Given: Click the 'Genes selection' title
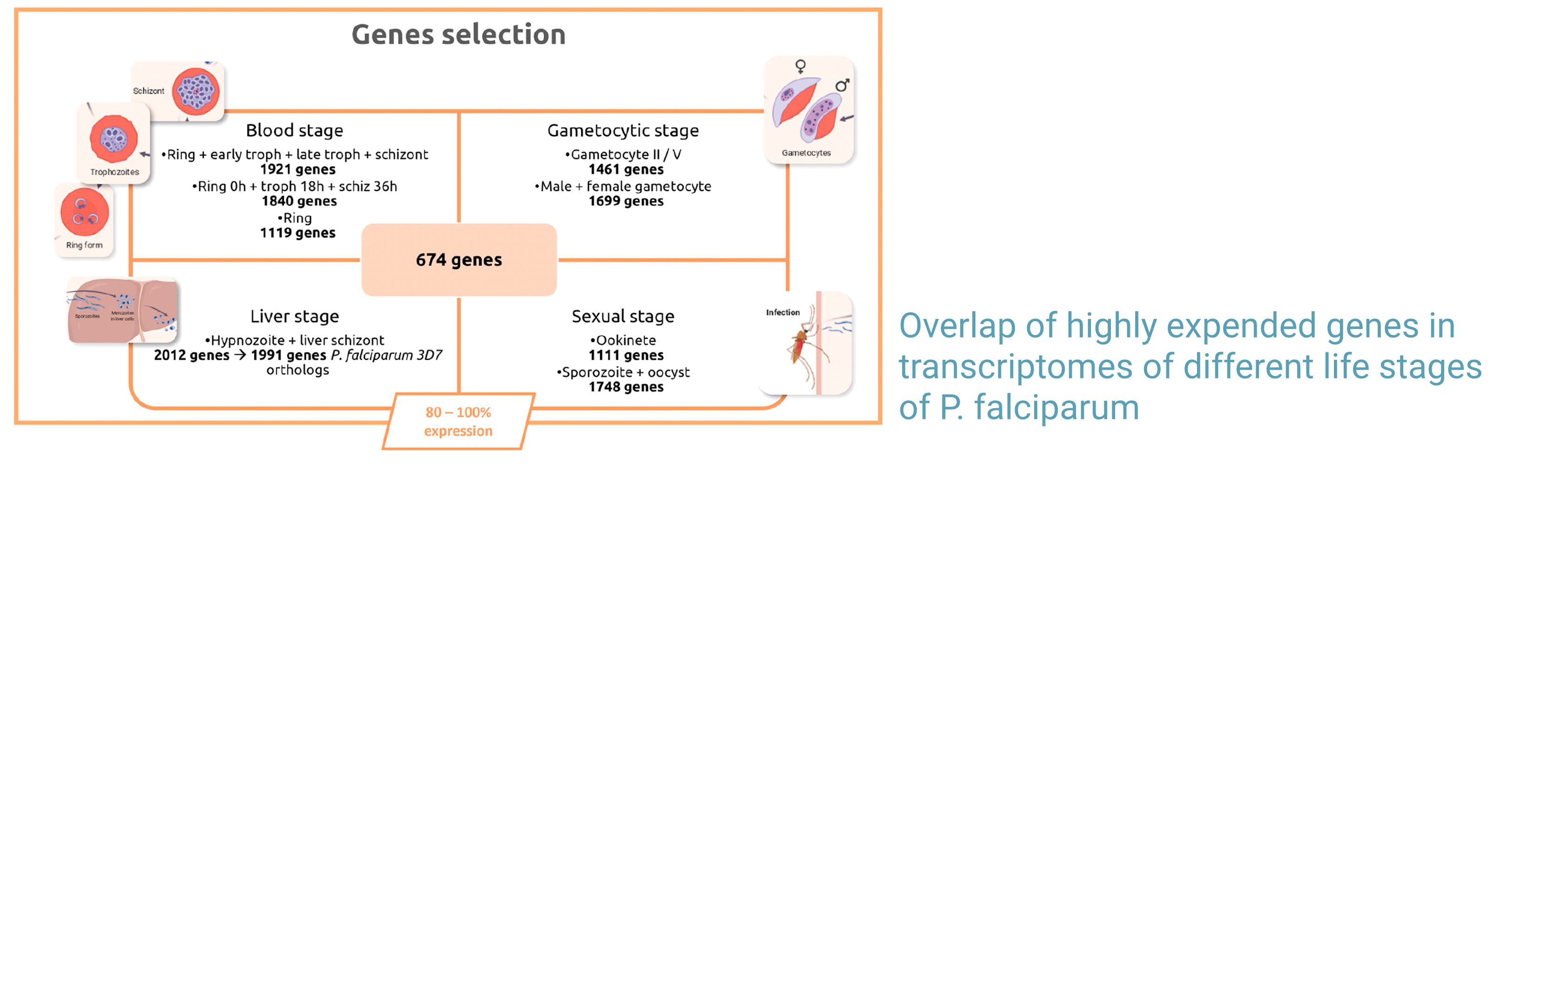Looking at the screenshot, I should (x=458, y=34).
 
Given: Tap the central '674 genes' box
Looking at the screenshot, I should (x=459, y=260).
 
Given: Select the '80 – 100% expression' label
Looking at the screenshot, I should (x=458, y=421).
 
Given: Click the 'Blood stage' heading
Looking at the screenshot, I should (x=294, y=130).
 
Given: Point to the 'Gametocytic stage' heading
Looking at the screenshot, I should (x=623, y=130).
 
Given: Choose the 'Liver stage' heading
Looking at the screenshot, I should (x=294, y=316).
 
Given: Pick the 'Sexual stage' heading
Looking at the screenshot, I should (x=623, y=316).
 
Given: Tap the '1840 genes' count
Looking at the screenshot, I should (x=299, y=202).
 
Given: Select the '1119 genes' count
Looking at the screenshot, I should (x=298, y=233).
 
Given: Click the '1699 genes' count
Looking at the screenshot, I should (x=626, y=202).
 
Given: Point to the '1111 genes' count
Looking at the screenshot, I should (x=626, y=356).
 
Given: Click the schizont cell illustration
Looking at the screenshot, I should (x=196, y=91).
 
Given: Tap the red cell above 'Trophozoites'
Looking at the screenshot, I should (x=114, y=139).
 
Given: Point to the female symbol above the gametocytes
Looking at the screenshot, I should (x=801, y=66).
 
